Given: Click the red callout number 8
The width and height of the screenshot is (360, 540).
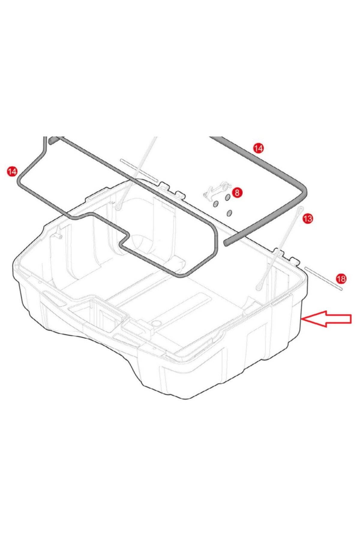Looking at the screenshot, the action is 237,193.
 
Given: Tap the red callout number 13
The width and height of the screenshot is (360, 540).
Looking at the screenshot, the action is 307,218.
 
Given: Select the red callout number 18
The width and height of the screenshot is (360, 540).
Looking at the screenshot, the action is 341,279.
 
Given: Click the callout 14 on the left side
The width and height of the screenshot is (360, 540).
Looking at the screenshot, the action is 12,172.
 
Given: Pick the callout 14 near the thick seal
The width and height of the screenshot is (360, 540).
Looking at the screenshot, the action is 258,148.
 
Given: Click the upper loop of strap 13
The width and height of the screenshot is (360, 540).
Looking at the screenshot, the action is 300,210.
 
